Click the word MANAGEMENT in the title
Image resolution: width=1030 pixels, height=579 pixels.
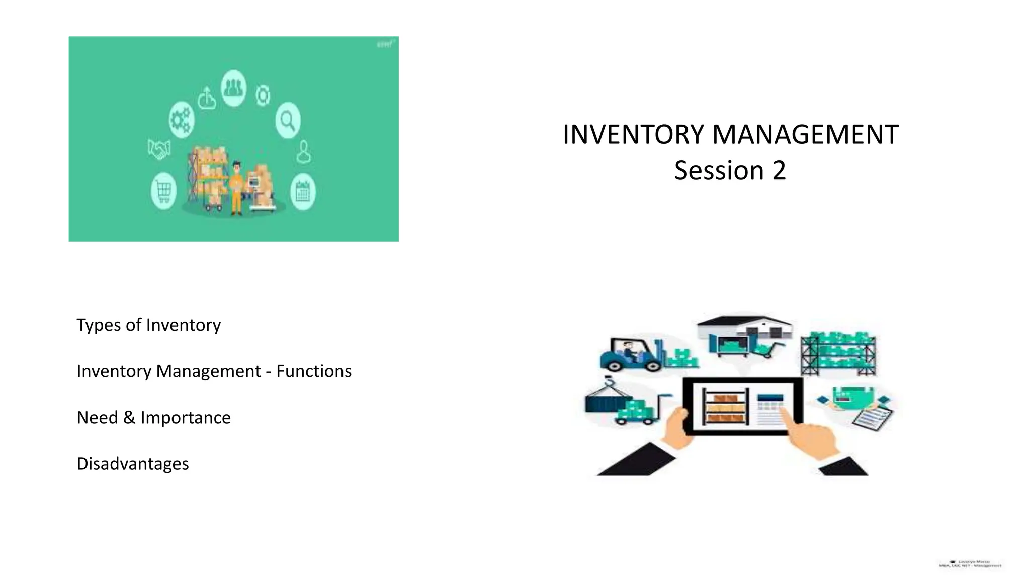pyautogui.click(x=805, y=135)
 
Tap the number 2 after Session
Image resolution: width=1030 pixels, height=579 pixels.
pyautogui.click(x=779, y=171)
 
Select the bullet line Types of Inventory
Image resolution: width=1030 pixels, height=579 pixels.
pyautogui.click(x=148, y=325)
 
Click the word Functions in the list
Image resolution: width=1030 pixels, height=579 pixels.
pyautogui.click(x=314, y=371)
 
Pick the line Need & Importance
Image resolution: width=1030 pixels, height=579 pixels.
pyautogui.click(x=153, y=418)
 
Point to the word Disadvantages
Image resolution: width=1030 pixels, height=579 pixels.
pyautogui.click(x=133, y=464)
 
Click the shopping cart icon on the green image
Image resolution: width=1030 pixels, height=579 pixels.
pyautogui.click(x=163, y=190)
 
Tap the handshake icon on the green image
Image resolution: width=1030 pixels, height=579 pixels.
pyautogui.click(x=159, y=149)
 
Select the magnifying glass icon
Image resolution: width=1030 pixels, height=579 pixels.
pyautogui.click(x=288, y=120)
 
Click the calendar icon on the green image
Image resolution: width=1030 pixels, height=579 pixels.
pyautogui.click(x=303, y=192)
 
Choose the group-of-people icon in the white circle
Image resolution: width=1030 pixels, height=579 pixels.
pyautogui.click(x=233, y=88)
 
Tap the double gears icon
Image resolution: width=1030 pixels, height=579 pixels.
pyautogui.click(x=181, y=119)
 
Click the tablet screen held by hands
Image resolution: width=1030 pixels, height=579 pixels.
pyautogui.click(x=742, y=406)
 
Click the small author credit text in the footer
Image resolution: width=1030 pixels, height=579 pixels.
pyautogui.click(x=970, y=564)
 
